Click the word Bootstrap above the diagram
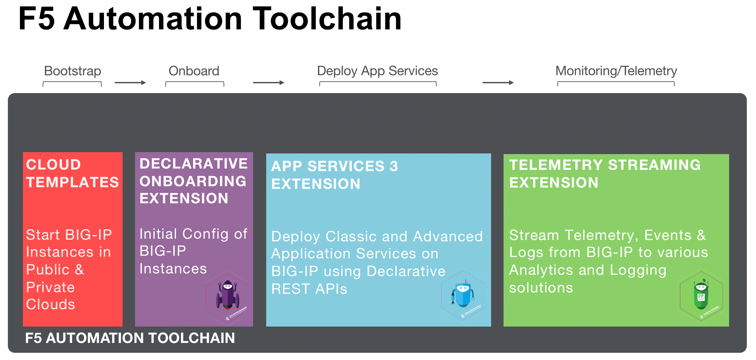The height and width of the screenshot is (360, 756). point(72,71)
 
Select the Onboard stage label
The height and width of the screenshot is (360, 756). point(194,71)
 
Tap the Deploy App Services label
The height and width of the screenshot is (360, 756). point(377,71)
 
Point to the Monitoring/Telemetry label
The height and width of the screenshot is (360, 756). point(616,71)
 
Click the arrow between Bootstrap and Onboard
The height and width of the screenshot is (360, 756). point(130,83)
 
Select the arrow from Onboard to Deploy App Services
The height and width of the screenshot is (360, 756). point(269,83)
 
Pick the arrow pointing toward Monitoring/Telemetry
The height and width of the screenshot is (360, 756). point(498,83)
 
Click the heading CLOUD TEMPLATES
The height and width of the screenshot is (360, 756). point(72,173)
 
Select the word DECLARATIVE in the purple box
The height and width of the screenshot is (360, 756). point(193,164)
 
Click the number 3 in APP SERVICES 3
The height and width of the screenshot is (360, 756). point(394,167)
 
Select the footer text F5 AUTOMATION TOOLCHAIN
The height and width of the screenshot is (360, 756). point(130,338)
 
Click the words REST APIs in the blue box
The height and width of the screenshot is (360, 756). point(309,289)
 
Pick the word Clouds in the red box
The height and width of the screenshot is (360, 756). point(50,305)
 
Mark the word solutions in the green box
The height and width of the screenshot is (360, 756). point(541,288)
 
